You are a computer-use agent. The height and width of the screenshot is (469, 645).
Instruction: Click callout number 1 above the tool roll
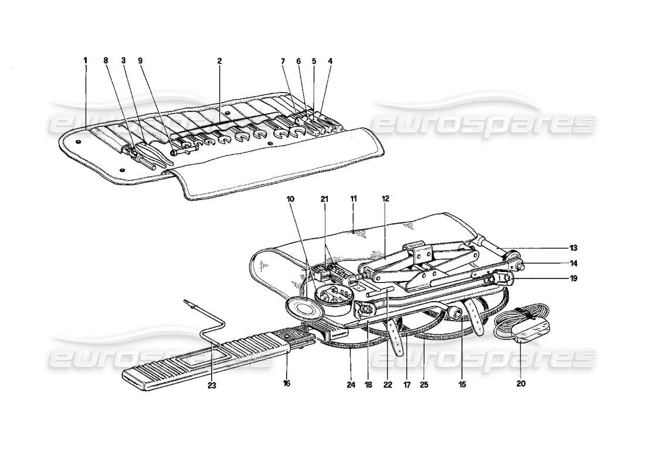pyautogui.click(x=85, y=60)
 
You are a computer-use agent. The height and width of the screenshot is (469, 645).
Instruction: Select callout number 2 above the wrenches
pyautogui.click(x=219, y=60)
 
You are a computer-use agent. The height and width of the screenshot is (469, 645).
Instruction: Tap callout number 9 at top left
pyautogui.click(x=140, y=60)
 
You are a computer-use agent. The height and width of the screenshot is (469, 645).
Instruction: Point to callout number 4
pyautogui.click(x=330, y=60)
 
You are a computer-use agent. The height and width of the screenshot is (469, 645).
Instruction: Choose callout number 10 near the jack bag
pyautogui.click(x=290, y=199)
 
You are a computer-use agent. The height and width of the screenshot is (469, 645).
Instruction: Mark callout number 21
pyautogui.click(x=324, y=199)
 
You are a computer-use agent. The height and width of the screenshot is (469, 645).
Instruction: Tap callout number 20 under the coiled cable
pyautogui.click(x=521, y=384)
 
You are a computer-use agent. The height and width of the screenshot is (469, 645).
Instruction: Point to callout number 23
pyautogui.click(x=212, y=386)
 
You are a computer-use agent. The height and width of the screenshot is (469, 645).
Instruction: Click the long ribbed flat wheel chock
pyautogui.click(x=205, y=358)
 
